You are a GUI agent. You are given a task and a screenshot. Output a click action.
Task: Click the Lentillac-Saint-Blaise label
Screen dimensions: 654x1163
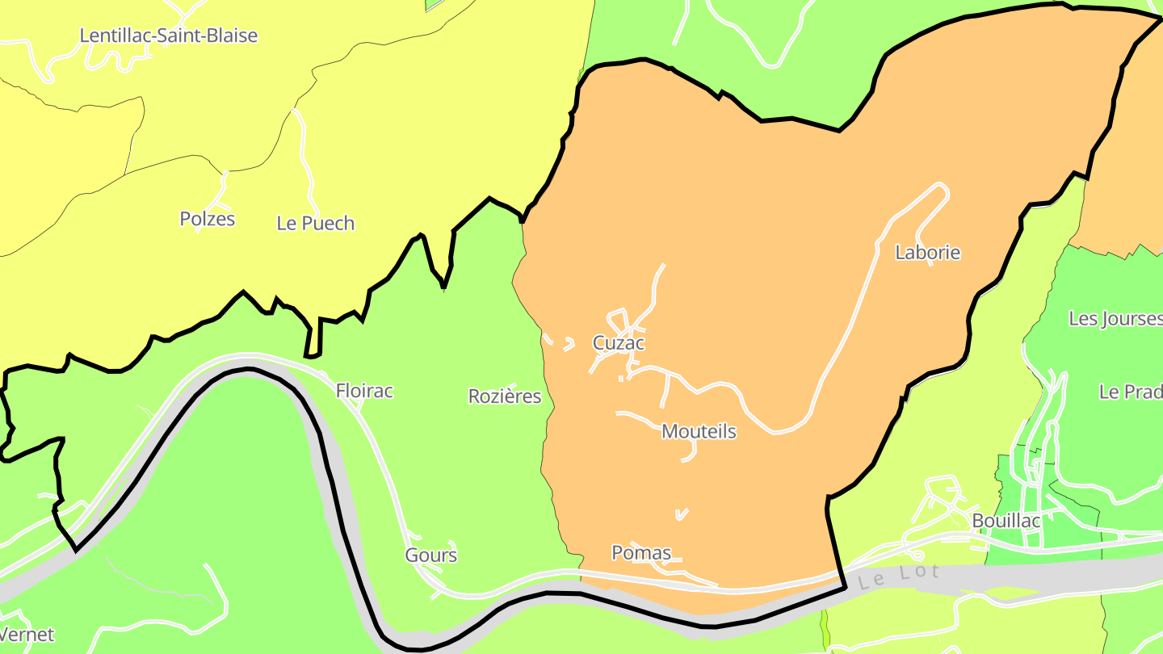click(x=168, y=36)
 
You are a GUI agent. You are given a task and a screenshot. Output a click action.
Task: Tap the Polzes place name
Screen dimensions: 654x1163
click(x=207, y=219)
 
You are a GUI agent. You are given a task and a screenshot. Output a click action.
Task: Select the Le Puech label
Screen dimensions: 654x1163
click(x=315, y=224)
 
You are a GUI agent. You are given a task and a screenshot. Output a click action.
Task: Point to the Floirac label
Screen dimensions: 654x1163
click(x=364, y=391)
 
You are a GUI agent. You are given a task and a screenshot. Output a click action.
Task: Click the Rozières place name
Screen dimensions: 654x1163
click(x=505, y=396)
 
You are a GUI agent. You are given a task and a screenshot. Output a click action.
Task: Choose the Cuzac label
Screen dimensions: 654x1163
click(x=619, y=343)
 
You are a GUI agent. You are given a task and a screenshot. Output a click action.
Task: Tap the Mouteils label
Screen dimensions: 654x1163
click(x=699, y=432)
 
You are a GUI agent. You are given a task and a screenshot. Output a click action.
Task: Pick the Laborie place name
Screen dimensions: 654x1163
click(x=928, y=253)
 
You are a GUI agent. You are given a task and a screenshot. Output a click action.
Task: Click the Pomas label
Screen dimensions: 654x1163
click(x=641, y=553)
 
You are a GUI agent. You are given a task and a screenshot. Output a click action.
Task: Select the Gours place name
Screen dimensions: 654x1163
click(x=430, y=555)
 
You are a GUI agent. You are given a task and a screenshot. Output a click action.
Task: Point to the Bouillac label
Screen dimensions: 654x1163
click(x=1006, y=521)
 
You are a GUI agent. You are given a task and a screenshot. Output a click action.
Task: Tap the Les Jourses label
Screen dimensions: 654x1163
click(x=1115, y=319)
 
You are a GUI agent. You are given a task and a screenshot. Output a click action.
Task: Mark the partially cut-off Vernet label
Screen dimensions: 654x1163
click(x=27, y=635)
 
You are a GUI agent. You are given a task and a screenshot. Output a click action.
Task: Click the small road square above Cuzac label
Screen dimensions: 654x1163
click(x=619, y=317)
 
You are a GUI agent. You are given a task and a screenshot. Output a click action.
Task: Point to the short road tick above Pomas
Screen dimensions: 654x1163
click(x=682, y=514)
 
